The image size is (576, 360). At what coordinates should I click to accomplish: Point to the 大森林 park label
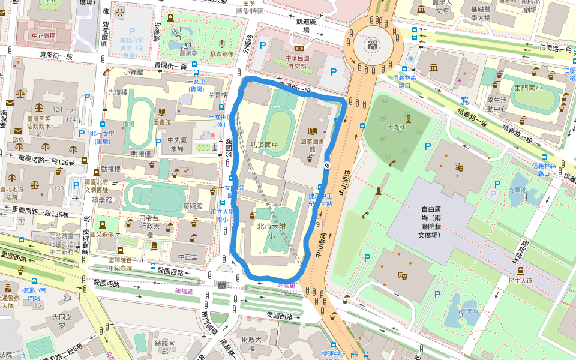[x=397, y=127]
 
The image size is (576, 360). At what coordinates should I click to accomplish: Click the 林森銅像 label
[x=221, y=54]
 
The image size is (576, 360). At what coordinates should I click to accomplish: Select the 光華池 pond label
[x=516, y=190]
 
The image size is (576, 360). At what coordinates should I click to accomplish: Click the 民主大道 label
[x=520, y=280]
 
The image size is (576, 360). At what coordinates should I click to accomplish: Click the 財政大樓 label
[x=251, y=343]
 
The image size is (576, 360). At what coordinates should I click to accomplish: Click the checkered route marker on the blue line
[x=327, y=165]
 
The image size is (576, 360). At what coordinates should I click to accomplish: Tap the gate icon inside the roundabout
[x=374, y=44]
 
